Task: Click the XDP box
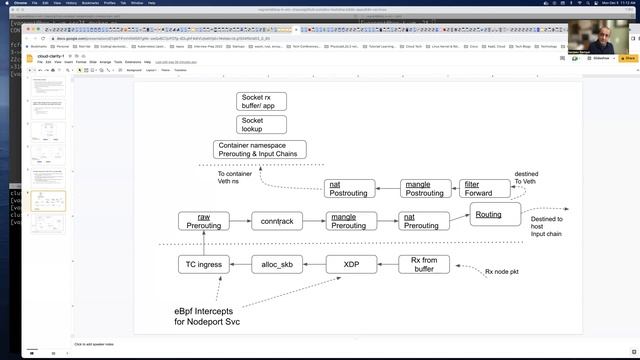click(351, 264)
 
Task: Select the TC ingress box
click(203, 264)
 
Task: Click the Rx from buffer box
click(430, 264)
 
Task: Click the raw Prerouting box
click(203, 221)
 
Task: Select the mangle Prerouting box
click(349, 221)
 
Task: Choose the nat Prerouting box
click(422, 221)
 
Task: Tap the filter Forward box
click(484, 188)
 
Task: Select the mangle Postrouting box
click(427, 188)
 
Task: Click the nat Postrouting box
click(349, 188)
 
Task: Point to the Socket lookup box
click(261, 124)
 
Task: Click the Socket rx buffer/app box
click(261, 101)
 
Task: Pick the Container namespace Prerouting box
click(259, 150)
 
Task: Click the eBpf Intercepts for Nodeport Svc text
click(208, 315)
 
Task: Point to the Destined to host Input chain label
click(547, 226)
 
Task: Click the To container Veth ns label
click(234, 178)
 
